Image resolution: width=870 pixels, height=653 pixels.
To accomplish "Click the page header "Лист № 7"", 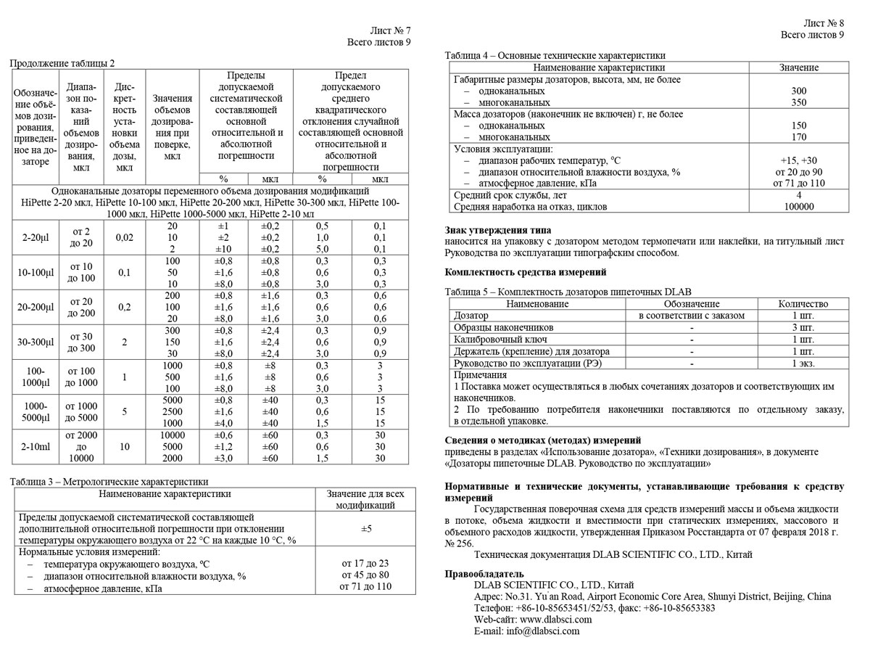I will tap(390, 30).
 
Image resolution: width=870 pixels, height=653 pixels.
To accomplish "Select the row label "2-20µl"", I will tap(33, 237).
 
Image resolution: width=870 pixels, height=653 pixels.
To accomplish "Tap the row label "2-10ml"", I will tap(33, 447).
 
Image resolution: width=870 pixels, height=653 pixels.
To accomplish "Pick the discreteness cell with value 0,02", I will tap(124, 237).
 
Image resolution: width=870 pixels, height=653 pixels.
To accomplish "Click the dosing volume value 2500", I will tap(173, 411).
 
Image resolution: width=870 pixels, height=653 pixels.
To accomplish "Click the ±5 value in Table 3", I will tap(366, 528).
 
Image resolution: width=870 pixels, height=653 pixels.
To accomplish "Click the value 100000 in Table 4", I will tap(799, 207).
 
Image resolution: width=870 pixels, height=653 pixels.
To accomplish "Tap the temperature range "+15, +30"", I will tap(799, 160).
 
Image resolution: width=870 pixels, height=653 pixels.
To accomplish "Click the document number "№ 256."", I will tap(459, 543).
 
